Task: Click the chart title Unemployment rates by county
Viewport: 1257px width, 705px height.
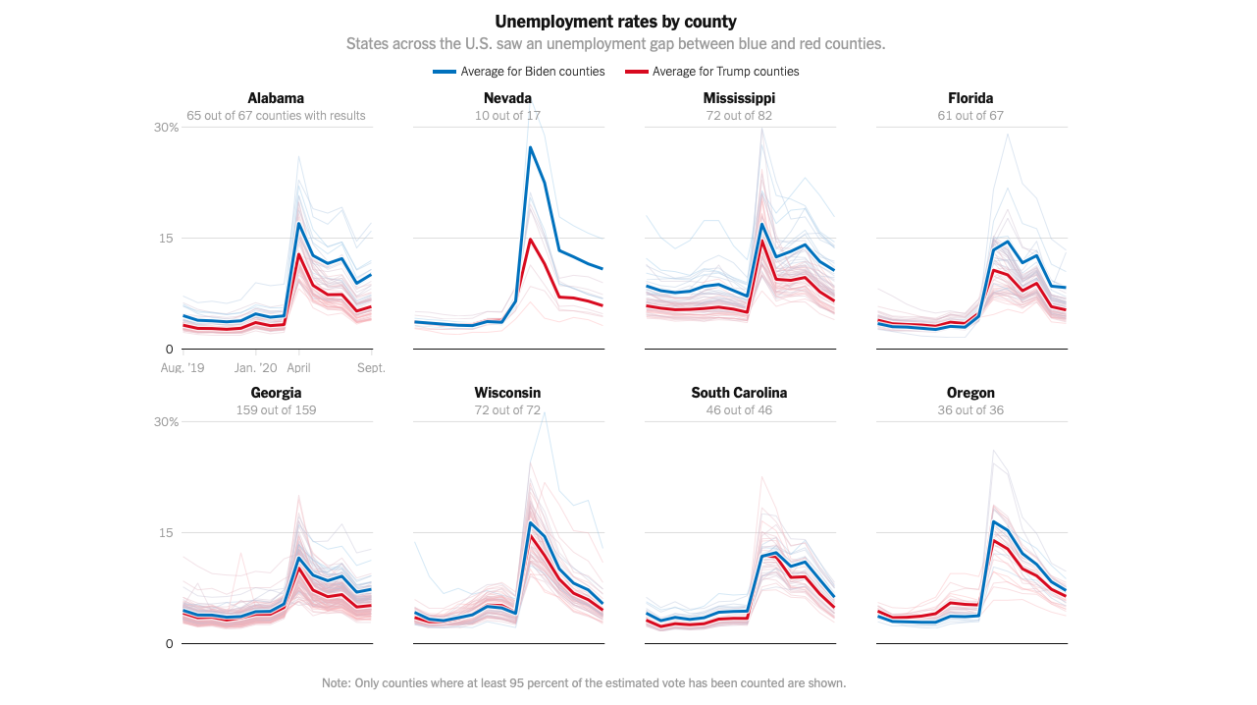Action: pos(615,22)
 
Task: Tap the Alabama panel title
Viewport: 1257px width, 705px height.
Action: pos(276,98)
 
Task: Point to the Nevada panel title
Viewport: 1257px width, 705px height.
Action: pos(507,98)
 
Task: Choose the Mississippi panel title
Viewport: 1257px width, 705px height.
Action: pos(739,98)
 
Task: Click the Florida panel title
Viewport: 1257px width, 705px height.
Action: pos(970,98)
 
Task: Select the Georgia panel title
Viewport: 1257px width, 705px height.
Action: pos(276,393)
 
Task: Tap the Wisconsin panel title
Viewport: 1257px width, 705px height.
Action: pos(507,393)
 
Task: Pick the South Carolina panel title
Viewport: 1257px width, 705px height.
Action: pos(739,393)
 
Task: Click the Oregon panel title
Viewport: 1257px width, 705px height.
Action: pos(970,393)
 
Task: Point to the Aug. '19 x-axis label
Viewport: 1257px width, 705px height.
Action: pos(183,368)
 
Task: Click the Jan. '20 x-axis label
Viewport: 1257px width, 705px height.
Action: pos(255,368)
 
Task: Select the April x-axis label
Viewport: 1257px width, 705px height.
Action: pos(298,368)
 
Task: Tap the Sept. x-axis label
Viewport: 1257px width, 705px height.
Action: pos(371,368)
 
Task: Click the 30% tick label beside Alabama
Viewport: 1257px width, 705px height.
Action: pos(166,128)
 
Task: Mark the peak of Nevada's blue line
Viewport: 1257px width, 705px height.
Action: pos(530,147)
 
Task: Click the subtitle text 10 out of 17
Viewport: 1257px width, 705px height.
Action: pos(507,116)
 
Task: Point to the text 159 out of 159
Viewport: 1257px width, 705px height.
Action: pos(276,410)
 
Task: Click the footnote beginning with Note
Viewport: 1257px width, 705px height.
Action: pos(584,683)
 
